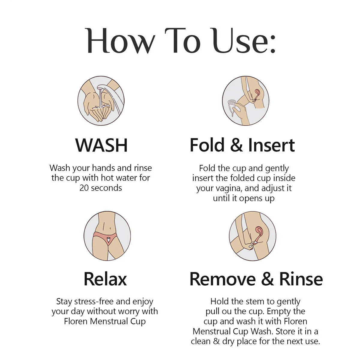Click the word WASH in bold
pos(101,145)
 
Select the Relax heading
pos(105,279)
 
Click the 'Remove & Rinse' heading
pos(256,279)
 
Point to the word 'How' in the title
pos(120,41)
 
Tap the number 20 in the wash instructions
pos(84,188)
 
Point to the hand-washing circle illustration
pos(101,101)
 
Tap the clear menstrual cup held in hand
pos(232,106)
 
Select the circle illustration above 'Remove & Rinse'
pos(252,236)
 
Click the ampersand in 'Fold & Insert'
pos(236,145)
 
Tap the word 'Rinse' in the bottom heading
pos(301,279)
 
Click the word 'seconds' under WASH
pos(106,188)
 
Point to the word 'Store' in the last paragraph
pos(286,331)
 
